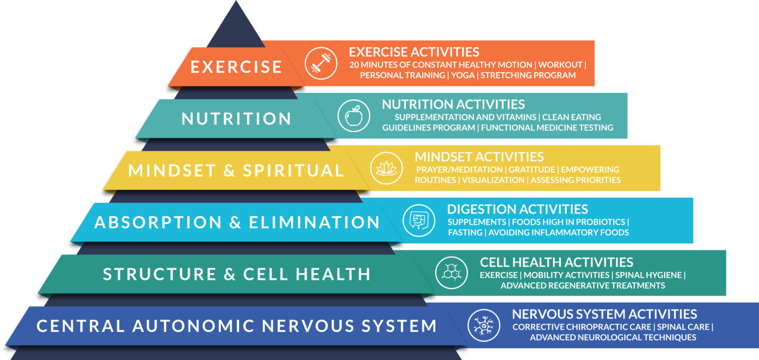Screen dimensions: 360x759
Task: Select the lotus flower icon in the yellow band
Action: [386, 168]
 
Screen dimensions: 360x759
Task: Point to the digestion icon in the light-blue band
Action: [419, 220]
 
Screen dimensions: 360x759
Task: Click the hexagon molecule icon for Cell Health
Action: [451, 273]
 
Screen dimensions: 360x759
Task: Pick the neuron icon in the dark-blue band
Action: [484, 325]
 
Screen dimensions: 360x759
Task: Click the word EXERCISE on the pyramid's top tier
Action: [236, 67]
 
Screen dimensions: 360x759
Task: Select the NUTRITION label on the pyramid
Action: [237, 119]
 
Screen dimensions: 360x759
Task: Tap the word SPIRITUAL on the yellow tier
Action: [293, 171]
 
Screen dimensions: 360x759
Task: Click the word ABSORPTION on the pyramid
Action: [158, 223]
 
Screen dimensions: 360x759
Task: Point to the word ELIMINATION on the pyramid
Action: [314, 223]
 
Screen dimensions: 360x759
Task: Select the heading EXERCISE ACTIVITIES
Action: [414, 52]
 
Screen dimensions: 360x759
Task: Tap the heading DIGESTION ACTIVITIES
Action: [517, 209]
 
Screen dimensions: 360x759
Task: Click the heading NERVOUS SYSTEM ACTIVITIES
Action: [604, 314]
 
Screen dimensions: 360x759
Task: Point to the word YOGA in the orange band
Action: [463, 76]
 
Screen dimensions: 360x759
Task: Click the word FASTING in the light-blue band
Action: [465, 232]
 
